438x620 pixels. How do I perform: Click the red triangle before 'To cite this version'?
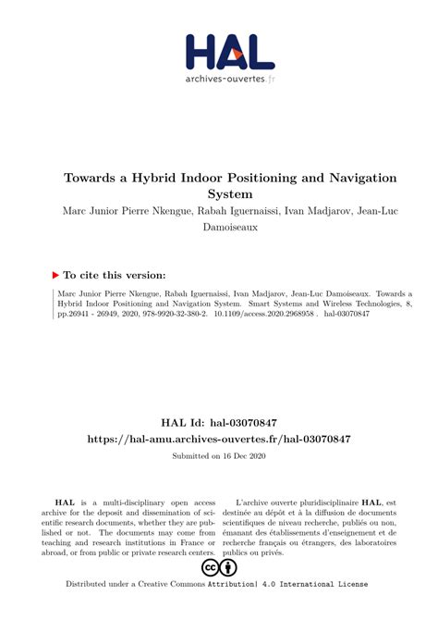55,275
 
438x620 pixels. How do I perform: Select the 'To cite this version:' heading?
115,275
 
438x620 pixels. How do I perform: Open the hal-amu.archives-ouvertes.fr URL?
218,438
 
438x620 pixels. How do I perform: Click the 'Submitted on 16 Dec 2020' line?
218,457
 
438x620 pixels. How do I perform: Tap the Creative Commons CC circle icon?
209,567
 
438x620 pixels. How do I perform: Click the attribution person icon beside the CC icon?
229,567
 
